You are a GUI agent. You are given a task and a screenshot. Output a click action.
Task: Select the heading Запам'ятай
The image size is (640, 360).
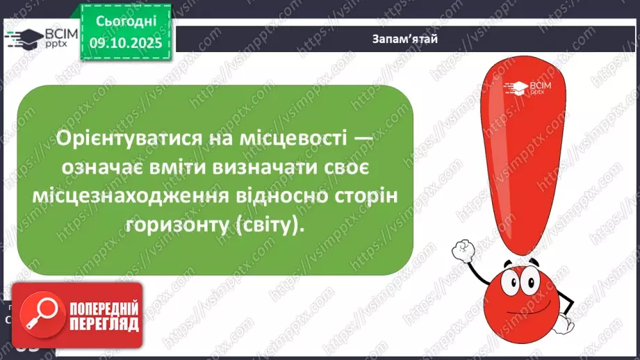click(x=404, y=39)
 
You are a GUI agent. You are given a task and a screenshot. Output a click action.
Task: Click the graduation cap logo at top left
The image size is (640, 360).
click(x=21, y=38)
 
